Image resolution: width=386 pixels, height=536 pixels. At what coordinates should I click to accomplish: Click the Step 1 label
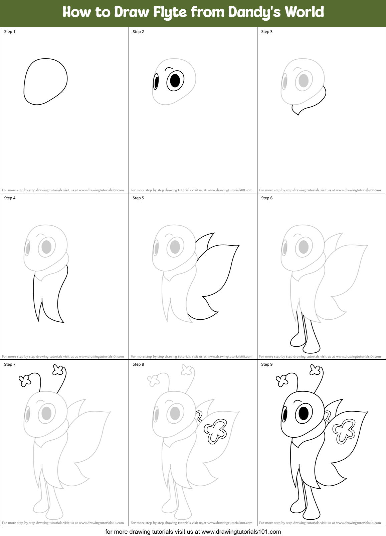coord(10,32)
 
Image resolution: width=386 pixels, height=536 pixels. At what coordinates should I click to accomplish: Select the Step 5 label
coord(138,198)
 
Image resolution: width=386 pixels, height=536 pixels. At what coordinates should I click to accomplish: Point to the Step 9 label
coord(267,364)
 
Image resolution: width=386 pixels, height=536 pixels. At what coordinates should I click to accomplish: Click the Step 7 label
coord(10,364)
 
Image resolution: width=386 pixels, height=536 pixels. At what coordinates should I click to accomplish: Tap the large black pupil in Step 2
coord(175,80)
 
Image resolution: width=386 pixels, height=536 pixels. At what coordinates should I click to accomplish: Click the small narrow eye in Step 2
coord(156,82)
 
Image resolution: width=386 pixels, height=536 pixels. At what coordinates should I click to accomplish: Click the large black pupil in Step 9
coord(304,413)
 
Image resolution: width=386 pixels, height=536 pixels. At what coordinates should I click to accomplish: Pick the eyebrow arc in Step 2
coord(169,69)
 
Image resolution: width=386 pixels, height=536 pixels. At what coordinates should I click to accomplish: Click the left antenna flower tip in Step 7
coord(25,380)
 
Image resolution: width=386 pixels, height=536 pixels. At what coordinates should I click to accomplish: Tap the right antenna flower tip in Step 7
coord(58,370)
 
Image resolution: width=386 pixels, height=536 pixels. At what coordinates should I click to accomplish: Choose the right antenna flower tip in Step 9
coord(315,370)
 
